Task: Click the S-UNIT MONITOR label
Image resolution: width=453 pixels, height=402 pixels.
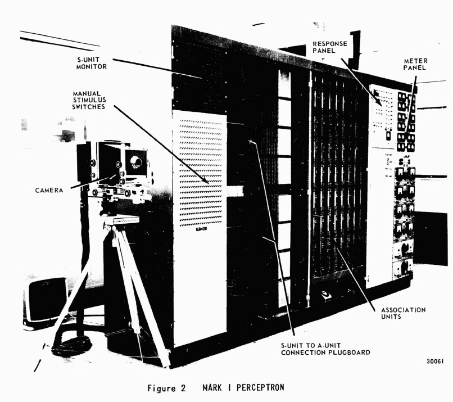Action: [92, 63]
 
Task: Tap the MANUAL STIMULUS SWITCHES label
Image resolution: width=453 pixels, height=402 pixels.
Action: [89, 100]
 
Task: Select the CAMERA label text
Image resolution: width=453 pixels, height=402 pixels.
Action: [49, 190]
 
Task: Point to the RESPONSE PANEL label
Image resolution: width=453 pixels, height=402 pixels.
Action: [330, 47]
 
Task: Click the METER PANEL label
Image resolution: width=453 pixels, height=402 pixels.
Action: [415, 64]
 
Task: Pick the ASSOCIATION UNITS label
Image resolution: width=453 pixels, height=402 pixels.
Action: [403, 313]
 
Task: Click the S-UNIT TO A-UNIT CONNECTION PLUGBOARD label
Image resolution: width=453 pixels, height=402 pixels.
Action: [325, 349]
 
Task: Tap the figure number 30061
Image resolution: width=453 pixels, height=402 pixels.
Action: [435, 362]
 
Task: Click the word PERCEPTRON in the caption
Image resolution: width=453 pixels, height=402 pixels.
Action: [260, 387]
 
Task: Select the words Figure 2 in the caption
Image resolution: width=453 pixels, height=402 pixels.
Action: [166, 388]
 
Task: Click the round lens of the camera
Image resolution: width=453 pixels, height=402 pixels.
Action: [135, 162]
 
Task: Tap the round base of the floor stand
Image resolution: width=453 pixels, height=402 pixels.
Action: [71, 346]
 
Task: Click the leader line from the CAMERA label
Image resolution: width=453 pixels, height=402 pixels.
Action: [92, 181]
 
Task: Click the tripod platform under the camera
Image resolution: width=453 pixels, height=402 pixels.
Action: [121, 220]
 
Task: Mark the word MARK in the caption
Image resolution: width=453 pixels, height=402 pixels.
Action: [212, 387]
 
